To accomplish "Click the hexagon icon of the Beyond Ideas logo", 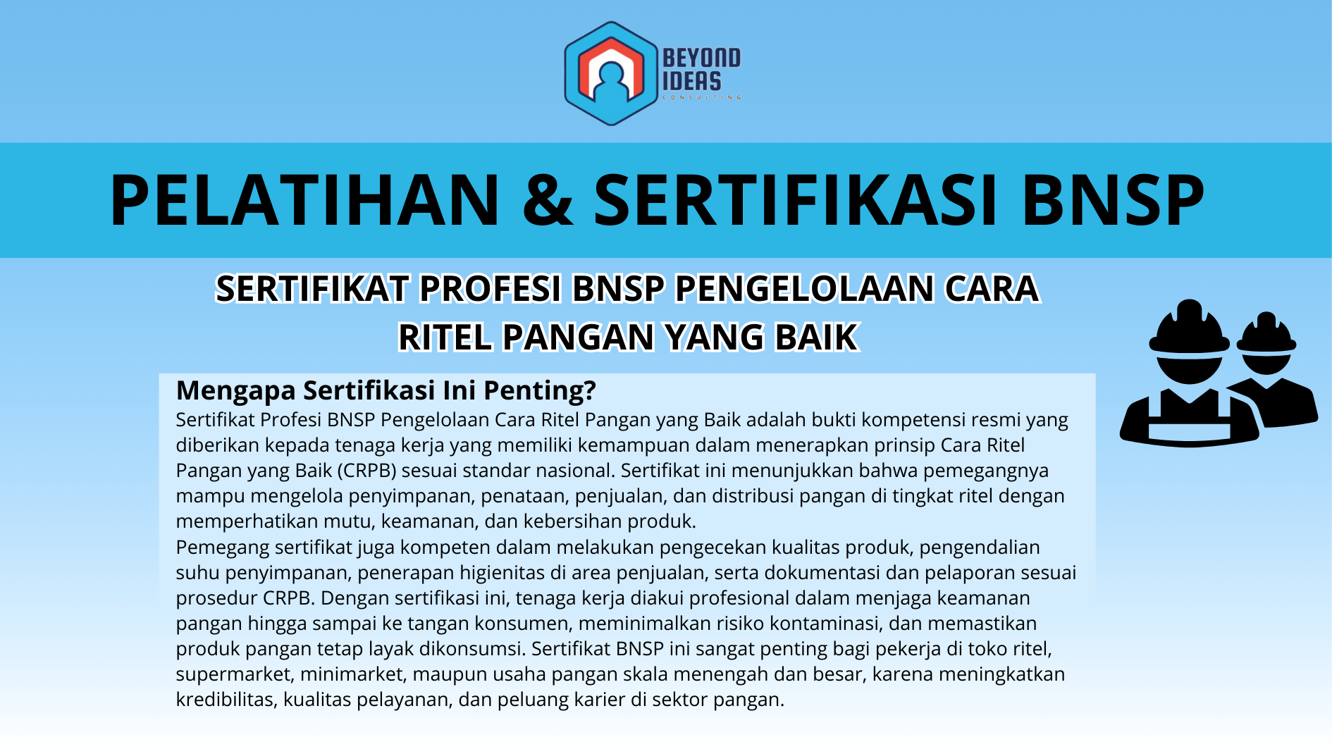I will pyautogui.click(x=610, y=73).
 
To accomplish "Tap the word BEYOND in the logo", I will pyautogui.click(x=701, y=58).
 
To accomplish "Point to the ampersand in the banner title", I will pyautogui.click(x=548, y=200).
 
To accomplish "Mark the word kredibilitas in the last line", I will pyautogui.click(x=224, y=700).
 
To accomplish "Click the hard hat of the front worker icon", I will pyautogui.click(x=1189, y=330).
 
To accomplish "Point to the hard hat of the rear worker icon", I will pyautogui.click(x=1266, y=334).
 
